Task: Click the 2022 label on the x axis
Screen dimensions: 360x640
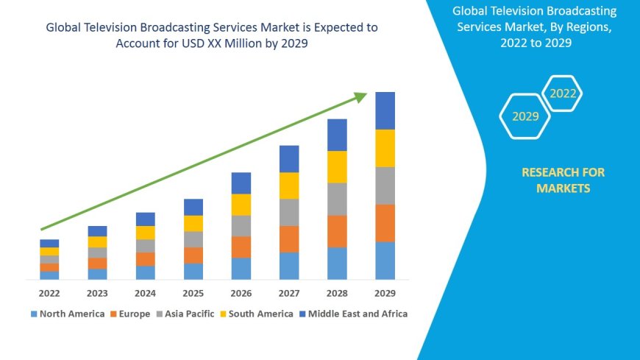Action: click(x=49, y=292)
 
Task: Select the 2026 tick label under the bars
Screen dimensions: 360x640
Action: click(x=241, y=292)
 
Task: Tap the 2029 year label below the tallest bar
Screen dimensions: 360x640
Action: click(x=385, y=292)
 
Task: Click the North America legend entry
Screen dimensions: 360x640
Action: click(x=67, y=314)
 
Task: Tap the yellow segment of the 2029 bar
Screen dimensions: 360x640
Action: click(x=385, y=148)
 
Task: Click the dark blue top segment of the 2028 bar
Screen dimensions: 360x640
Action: click(x=337, y=135)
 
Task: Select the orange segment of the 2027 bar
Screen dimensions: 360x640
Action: click(x=289, y=239)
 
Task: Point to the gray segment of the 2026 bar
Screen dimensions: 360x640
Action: click(x=241, y=225)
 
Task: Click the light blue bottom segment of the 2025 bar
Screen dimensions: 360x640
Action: click(x=193, y=271)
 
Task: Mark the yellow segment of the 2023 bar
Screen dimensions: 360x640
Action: click(x=97, y=241)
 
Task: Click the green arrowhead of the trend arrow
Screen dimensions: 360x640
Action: click(x=360, y=96)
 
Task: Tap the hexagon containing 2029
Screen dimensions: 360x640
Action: click(x=525, y=116)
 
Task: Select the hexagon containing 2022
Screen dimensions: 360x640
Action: click(x=563, y=93)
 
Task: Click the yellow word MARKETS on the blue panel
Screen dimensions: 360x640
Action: click(x=563, y=188)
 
